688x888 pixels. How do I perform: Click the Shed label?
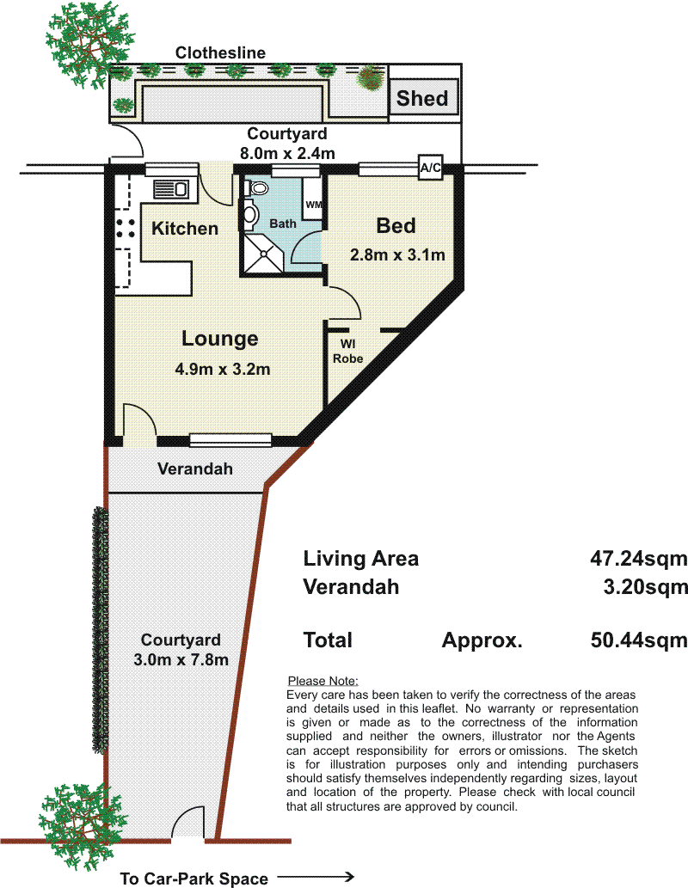click(422, 99)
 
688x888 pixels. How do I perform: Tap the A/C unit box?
click(430, 168)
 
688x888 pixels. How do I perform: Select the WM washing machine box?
click(313, 205)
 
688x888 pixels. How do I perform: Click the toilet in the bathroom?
click(257, 187)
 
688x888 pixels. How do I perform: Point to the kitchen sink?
click(171, 188)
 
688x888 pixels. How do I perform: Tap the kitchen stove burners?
click(126, 227)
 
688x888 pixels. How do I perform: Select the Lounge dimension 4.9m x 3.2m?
click(223, 370)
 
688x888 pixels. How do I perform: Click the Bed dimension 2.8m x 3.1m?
click(397, 254)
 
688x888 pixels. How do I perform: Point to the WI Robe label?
click(348, 351)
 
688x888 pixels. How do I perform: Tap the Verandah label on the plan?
click(195, 468)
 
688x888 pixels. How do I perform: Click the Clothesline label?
click(220, 52)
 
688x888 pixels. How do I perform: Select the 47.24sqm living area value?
click(639, 559)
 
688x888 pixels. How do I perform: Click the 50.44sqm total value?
click(639, 640)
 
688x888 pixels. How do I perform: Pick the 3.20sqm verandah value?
click(645, 587)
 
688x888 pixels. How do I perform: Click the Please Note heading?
click(323, 681)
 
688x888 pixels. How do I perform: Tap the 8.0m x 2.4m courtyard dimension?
click(287, 154)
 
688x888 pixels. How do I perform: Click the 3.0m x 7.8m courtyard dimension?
click(181, 660)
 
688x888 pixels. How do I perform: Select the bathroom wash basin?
click(250, 214)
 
